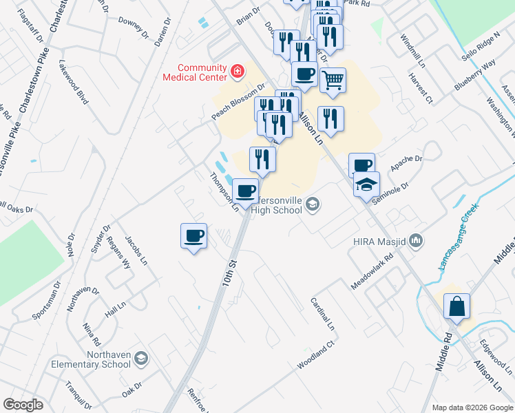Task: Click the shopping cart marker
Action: tap(333, 80)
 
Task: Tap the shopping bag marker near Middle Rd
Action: tap(457, 307)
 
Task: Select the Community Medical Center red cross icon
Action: tap(238, 70)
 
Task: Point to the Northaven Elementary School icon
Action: tap(140, 359)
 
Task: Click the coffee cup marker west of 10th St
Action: tap(193, 236)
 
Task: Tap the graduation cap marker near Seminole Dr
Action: tap(367, 184)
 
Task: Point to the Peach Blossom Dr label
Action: tap(238, 102)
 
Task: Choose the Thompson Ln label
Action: tap(224, 191)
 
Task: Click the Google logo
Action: tap(23, 405)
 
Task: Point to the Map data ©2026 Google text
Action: tap(472, 407)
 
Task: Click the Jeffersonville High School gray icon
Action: tap(313, 203)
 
